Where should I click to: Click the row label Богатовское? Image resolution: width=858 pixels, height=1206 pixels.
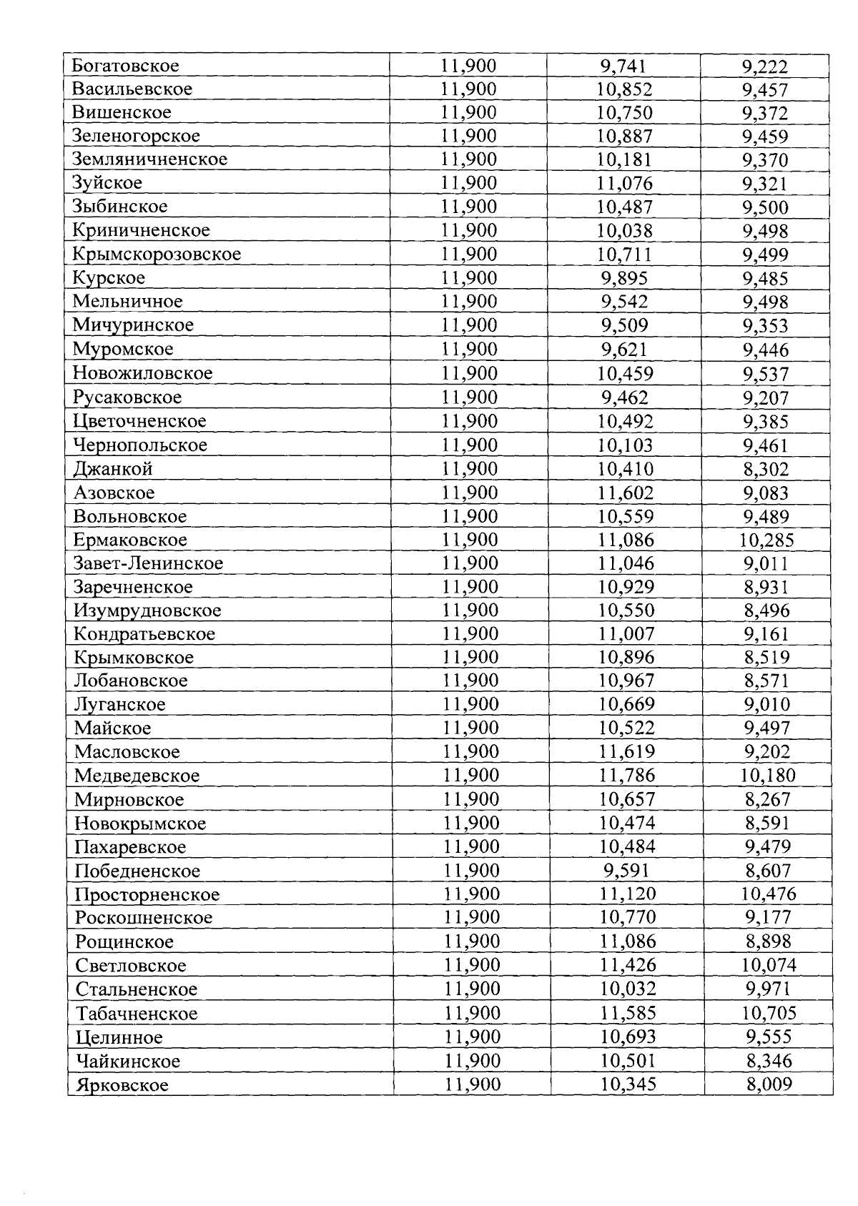click(x=125, y=66)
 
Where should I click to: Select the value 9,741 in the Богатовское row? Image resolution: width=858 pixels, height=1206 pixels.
click(x=623, y=66)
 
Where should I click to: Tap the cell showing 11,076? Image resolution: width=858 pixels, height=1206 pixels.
click(x=625, y=183)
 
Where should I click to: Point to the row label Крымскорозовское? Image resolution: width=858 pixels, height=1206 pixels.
click(x=157, y=254)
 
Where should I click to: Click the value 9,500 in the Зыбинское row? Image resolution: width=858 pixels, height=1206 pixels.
click(x=765, y=207)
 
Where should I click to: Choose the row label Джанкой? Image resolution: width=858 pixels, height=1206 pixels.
click(x=113, y=469)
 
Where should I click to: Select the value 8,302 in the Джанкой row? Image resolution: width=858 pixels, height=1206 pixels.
click(x=766, y=469)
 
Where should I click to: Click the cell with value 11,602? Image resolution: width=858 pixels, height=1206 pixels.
click(x=626, y=493)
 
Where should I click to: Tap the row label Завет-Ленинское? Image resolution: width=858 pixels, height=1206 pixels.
click(x=149, y=563)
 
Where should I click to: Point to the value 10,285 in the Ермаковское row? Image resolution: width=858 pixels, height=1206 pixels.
click(x=766, y=540)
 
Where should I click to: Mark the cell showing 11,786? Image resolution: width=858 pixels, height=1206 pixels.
click(x=626, y=775)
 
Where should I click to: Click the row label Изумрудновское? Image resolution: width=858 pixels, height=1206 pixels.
click(x=148, y=611)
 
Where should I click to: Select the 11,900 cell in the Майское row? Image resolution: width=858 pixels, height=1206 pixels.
click(x=470, y=728)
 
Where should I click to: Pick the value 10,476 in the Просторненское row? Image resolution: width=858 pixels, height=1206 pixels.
click(x=769, y=894)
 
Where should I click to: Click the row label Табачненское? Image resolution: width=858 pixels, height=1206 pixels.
click(x=137, y=1013)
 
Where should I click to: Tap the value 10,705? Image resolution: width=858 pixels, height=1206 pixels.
click(x=769, y=1013)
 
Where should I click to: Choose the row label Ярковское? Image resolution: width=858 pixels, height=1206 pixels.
click(x=122, y=1084)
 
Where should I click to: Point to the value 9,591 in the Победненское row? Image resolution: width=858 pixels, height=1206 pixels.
click(x=626, y=870)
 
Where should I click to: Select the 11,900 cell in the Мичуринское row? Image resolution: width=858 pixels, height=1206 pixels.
click(x=469, y=325)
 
